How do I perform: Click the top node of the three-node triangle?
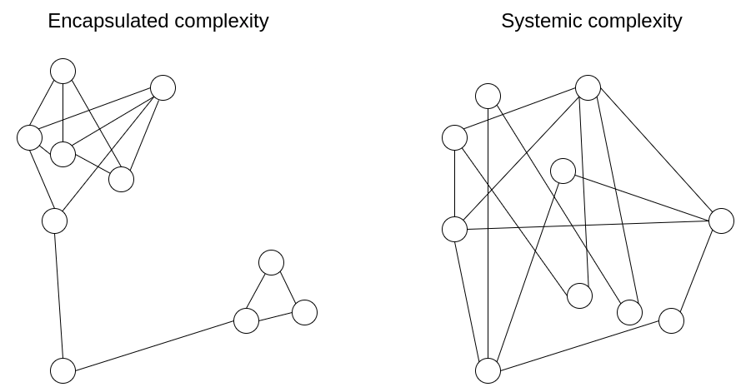(271, 262)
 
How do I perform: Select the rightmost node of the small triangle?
(304, 312)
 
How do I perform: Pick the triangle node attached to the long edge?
(246, 320)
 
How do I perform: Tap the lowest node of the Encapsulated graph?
(63, 370)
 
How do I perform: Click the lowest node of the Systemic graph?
(488, 370)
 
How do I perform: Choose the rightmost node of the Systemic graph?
(721, 221)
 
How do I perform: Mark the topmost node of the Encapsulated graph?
(63, 71)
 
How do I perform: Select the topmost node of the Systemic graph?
(588, 87)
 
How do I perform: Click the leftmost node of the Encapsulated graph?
(29, 137)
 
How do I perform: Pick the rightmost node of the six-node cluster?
(163, 87)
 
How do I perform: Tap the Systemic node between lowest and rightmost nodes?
(671, 320)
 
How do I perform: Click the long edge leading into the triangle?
(154, 345)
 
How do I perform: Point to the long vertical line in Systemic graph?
(488, 233)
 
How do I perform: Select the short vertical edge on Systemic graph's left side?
(454, 183)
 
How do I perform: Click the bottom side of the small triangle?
(275, 316)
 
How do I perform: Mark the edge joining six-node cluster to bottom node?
(58, 295)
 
